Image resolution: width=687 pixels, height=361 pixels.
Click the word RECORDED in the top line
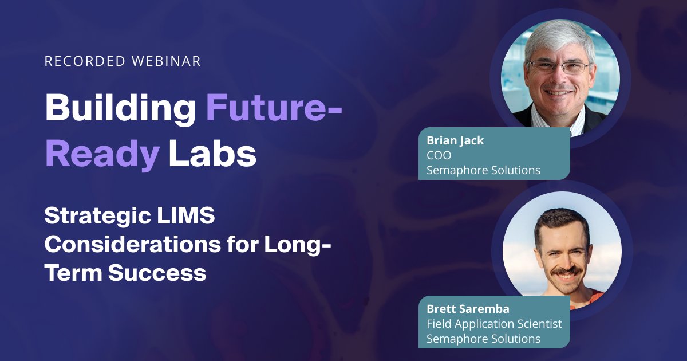[x=85, y=61]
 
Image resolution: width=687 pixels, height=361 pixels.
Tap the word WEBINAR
[x=166, y=61]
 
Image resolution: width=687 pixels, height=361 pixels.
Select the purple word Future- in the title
[x=274, y=108]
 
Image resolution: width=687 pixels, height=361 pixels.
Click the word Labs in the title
[x=212, y=152]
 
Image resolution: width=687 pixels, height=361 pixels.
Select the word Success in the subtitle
[x=157, y=273]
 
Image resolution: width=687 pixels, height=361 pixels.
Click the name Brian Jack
[x=455, y=140]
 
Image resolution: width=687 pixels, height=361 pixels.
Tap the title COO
[x=439, y=156]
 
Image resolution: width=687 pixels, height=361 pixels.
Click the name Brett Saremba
[x=468, y=309]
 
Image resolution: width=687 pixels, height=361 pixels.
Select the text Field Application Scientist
[x=494, y=324]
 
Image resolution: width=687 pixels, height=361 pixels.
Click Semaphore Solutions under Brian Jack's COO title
[x=483, y=170]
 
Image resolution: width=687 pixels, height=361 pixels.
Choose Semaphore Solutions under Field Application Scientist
[x=483, y=339]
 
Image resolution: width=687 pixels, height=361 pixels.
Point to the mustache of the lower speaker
[x=566, y=272]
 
